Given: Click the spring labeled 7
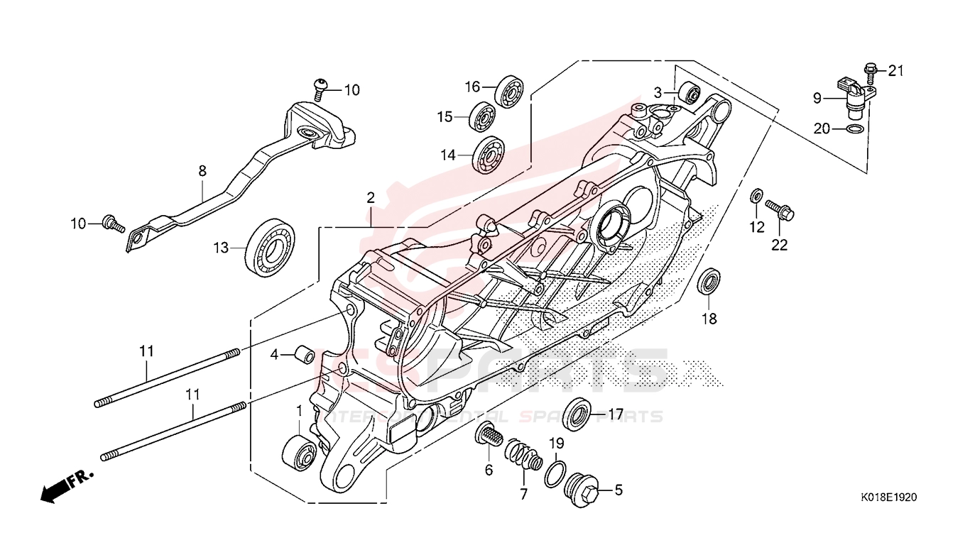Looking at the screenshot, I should point(524,456).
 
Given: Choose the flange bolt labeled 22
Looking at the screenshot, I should point(779,209).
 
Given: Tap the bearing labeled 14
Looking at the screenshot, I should point(489,153).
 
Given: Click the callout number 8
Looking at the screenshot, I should point(202,170).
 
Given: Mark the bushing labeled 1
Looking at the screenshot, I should point(300,452).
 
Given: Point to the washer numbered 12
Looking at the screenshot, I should point(757,195).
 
